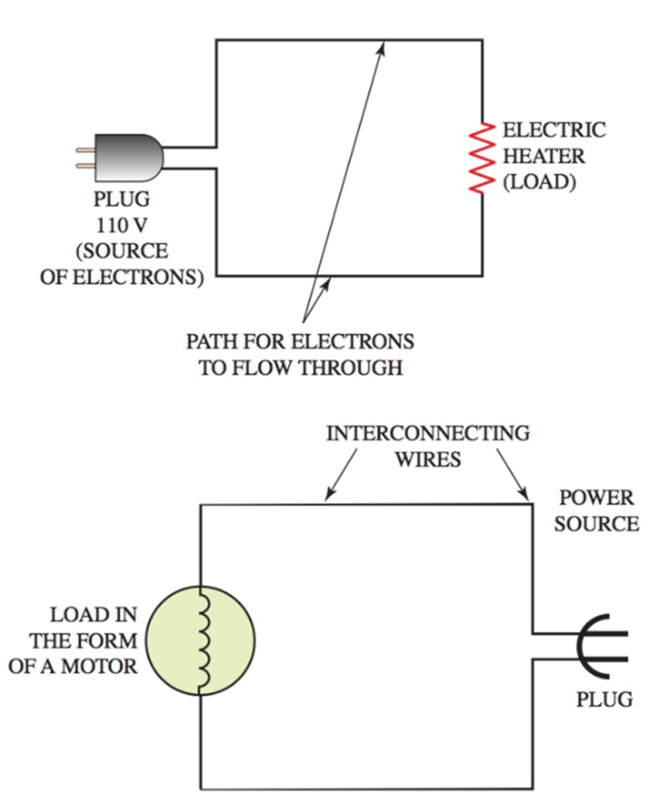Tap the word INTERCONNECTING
click(427, 432)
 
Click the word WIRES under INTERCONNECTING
click(427, 459)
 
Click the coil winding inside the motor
click(203, 641)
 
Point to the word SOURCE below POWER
click(596, 524)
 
